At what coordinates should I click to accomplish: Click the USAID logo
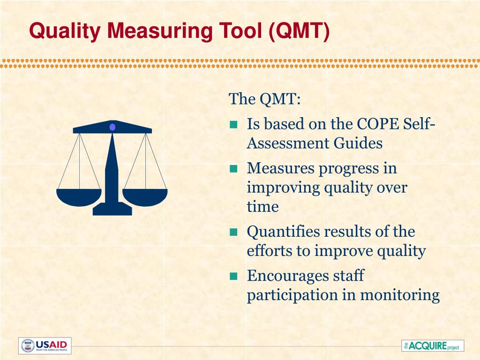[x=45, y=345]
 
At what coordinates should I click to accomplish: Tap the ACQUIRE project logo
[x=433, y=346]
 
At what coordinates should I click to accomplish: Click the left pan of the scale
[x=79, y=196]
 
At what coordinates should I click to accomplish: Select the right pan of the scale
[x=145, y=196]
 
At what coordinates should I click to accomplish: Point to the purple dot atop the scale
[x=112, y=127]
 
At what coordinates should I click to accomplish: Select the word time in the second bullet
[x=262, y=207]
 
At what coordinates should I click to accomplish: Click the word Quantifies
[x=278, y=232]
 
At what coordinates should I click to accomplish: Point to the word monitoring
[x=399, y=295]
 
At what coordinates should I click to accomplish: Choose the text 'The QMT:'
[x=264, y=99]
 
